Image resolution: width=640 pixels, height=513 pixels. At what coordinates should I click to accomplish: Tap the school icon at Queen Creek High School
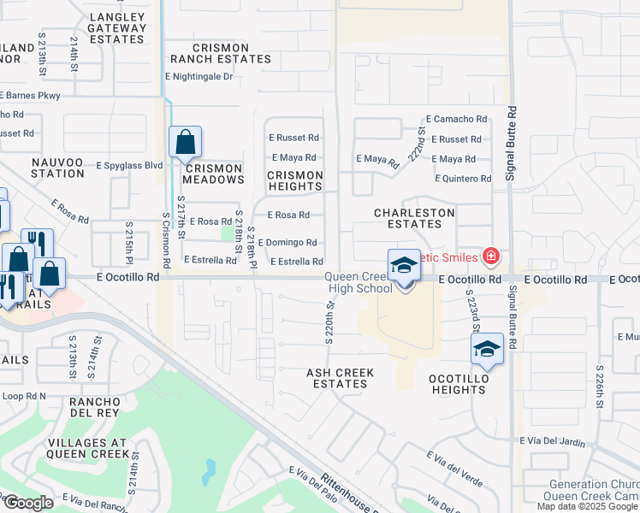point(404,267)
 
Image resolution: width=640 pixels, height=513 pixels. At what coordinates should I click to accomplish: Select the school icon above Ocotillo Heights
point(487,349)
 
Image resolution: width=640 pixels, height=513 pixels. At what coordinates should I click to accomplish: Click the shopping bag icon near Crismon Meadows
point(185,143)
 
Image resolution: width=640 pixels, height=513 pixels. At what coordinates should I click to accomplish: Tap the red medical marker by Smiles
point(491,255)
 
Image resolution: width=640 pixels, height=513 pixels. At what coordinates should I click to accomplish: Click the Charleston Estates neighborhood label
point(408,218)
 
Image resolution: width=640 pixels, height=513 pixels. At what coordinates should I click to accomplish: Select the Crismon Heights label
point(295,180)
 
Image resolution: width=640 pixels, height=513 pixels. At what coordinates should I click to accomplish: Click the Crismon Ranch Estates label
point(220,54)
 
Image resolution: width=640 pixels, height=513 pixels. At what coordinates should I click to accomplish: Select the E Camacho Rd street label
point(455,120)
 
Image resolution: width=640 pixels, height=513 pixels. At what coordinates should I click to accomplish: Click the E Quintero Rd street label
point(462,179)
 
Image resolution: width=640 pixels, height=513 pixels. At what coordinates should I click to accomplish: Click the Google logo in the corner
point(28,503)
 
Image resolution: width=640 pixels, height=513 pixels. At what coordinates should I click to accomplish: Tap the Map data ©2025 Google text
point(588,506)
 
